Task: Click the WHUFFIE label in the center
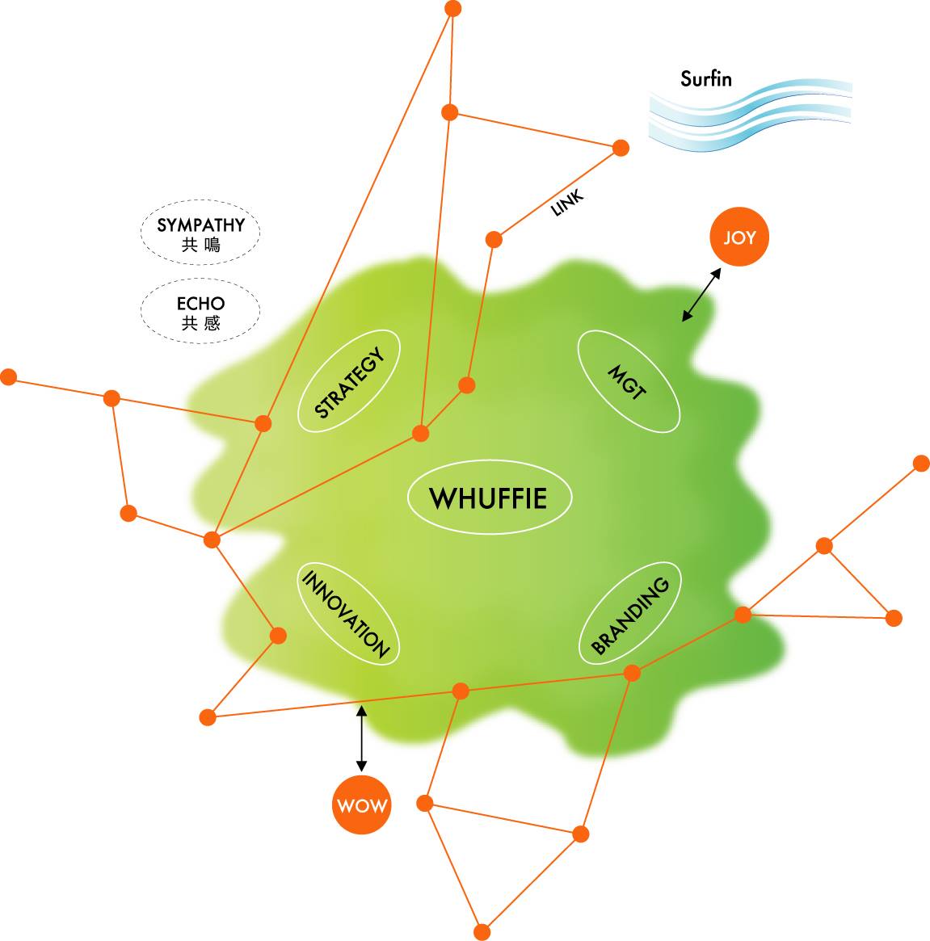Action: coord(489,498)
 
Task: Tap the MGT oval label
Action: coord(628,381)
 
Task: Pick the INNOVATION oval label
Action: coord(347,613)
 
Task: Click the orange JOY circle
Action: coord(739,237)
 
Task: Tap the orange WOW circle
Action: coord(361,805)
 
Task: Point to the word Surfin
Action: coord(705,79)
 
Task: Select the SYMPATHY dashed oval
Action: coord(200,233)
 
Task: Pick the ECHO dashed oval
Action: coord(200,312)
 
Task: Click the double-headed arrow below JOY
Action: coord(701,295)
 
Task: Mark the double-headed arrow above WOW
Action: coord(361,738)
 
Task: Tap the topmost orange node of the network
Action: coord(453,9)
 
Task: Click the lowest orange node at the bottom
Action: coord(482,932)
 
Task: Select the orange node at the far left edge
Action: coord(8,376)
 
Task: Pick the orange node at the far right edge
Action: coord(921,463)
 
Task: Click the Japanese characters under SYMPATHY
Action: coord(200,244)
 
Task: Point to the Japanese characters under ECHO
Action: coord(200,323)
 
